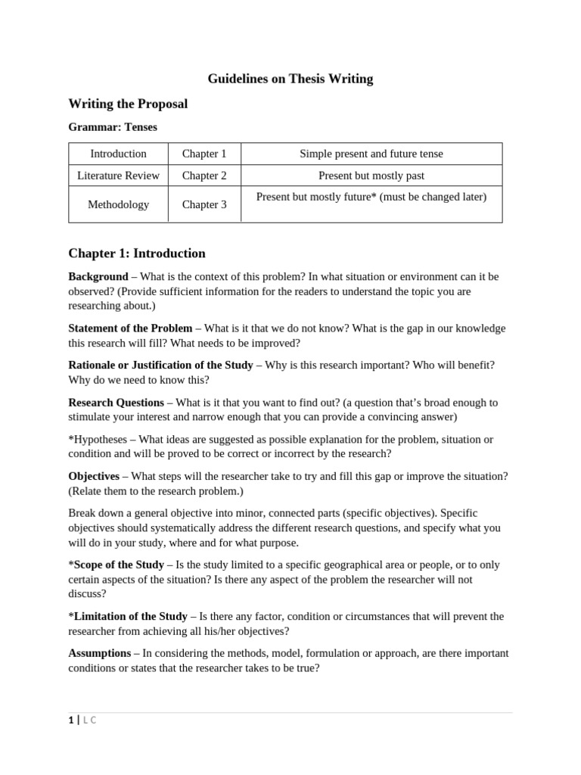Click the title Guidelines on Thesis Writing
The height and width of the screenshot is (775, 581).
pyautogui.click(x=290, y=79)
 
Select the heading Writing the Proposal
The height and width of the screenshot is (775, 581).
pyautogui.click(x=128, y=104)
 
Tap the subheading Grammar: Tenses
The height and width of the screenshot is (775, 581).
pyautogui.click(x=113, y=127)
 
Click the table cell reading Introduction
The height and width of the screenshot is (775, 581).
pyautogui.click(x=118, y=154)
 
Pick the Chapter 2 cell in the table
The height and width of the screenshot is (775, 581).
pyautogui.click(x=204, y=176)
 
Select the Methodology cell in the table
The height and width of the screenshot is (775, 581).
pyautogui.click(x=118, y=204)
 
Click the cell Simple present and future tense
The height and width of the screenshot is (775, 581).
pyautogui.click(x=371, y=154)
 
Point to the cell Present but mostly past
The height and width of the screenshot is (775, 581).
pyautogui.click(x=371, y=176)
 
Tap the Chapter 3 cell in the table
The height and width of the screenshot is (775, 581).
pyautogui.click(x=204, y=204)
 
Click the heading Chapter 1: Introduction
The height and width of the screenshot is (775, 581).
pyautogui.click(x=137, y=254)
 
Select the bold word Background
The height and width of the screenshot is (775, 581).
pyautogui.click(x=98, y=277)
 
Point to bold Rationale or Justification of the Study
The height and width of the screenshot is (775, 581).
pyautogui.click(x=160, y=365)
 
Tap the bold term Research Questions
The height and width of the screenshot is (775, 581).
pyautogui.click(x=116, y=403)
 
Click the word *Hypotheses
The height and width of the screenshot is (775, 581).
pyautogui.click(x=98, y=439)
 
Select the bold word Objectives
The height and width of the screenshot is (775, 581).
pyautogui.click(x=94, y=476)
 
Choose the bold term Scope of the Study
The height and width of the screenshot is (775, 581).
pyautogui.click(x=119, y=565)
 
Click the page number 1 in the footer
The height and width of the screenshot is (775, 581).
pyautogui.click(x=71, y=721)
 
